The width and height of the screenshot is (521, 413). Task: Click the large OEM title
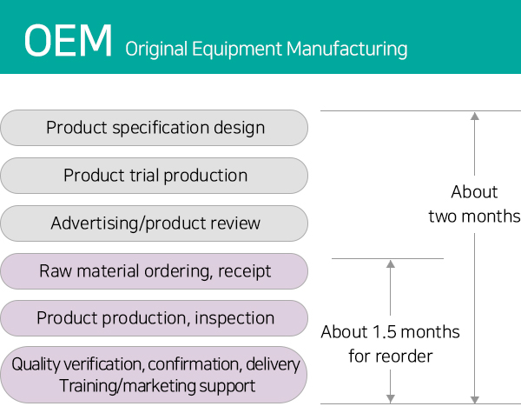(68, 41)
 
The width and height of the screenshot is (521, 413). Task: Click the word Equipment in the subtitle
(237, 50)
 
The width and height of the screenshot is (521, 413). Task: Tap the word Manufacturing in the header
(346, 50)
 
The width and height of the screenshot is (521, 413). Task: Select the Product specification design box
(155, 128)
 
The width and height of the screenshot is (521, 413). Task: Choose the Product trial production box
(155, 176)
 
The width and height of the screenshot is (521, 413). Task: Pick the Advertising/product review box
(155, 223)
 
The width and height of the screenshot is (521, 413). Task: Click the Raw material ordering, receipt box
(155, 271)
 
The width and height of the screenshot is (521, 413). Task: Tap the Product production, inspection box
(155, 318)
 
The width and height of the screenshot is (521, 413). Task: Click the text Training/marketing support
(157, 386)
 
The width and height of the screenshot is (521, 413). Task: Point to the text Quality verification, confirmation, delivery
(155, 364)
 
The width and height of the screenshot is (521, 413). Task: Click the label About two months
(474, 204)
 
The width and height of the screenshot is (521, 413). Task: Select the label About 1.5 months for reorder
(391, 344)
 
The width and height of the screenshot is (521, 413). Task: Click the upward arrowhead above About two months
(475, 117)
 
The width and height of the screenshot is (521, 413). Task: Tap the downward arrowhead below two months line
(475, 400)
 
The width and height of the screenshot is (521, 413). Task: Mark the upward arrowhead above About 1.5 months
(391, 264)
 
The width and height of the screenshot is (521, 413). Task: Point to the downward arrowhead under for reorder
(391, 399)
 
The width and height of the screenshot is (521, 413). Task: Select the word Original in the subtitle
(156, 50)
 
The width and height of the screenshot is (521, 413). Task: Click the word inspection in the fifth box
(234, 318)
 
